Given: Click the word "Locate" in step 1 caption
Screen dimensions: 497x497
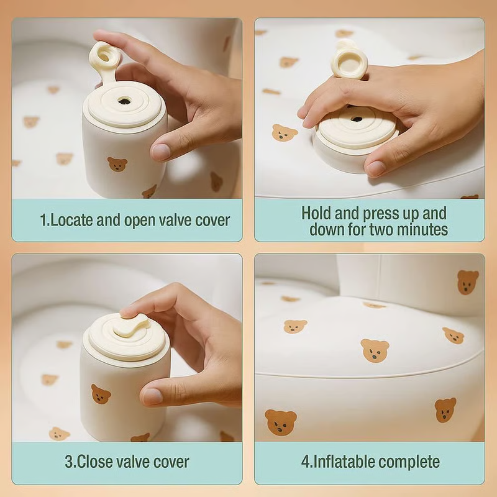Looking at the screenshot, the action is tap(71, 220).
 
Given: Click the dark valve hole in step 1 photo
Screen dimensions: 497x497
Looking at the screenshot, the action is tap(123, 101).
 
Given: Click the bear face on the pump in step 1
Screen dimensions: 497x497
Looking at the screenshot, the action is tap(117, 164).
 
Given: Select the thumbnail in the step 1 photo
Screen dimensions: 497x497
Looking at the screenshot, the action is tap(161, 152).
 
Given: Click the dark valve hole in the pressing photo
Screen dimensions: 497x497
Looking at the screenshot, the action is tap(357, 119).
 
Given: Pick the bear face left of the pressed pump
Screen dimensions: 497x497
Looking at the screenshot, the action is tap(285, 132).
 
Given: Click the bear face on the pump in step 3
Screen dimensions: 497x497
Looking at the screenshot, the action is tap(101, 394).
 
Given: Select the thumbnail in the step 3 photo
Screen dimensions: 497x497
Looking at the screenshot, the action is tap(152, 396).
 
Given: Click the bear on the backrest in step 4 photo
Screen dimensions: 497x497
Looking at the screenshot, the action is tap(468, 282).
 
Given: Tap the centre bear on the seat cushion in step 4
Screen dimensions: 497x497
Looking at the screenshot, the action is tap(375, 350).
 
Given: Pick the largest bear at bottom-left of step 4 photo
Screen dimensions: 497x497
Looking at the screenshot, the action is tap(281, 422).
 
